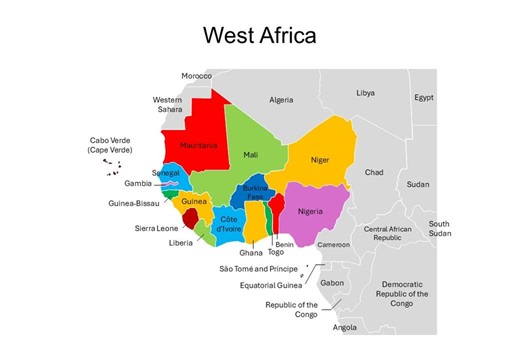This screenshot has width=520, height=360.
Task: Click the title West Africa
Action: (x=259, y=35)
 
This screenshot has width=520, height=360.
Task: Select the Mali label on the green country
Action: (x=250, y=155)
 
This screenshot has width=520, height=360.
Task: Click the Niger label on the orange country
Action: (x=320, y=159)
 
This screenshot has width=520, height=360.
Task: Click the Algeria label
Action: (x=282, y=100)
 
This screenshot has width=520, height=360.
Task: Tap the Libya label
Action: (x=365, y=93)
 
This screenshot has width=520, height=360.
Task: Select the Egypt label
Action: (x=425, y=98)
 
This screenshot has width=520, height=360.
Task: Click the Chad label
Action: (x=373, y=172)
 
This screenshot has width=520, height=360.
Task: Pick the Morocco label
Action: (x=197, y=76)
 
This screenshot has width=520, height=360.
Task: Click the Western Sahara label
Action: (x=167, y=105)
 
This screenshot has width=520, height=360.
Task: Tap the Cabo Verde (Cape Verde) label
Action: (x=110, y=146)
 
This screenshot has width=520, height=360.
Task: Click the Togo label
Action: (x=275, y=253)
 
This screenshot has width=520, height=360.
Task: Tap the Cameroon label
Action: (x=334, y=244)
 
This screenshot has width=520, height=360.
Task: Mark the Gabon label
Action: (x=332, y=283)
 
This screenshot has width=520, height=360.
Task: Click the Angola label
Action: (x=344, y=327)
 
